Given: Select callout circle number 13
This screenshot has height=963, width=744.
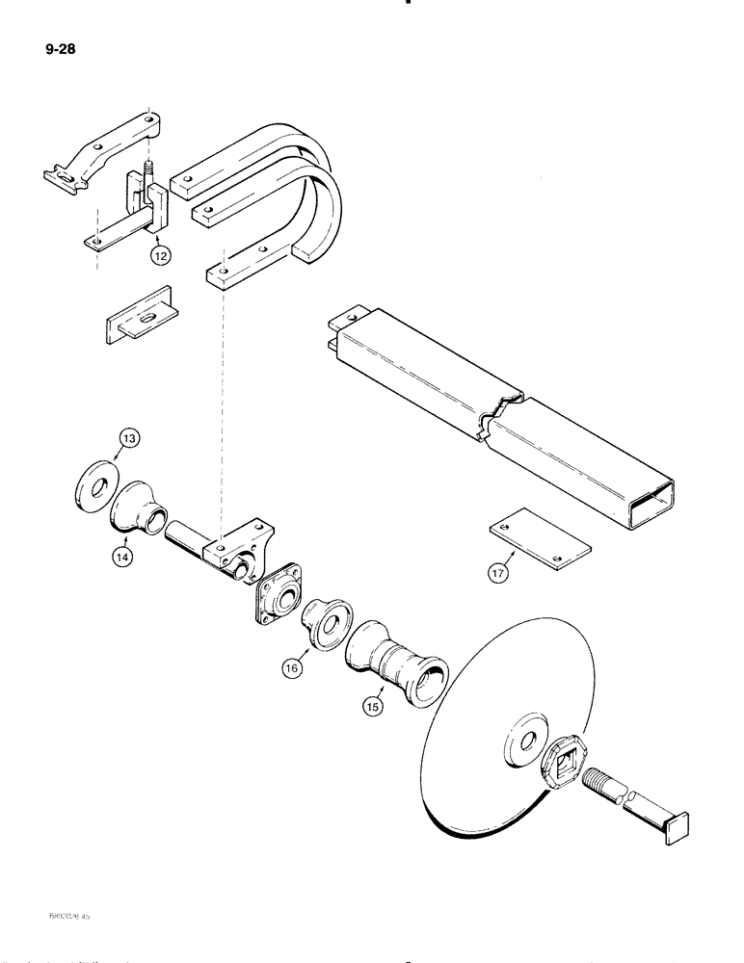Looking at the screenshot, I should [x=128, y=440].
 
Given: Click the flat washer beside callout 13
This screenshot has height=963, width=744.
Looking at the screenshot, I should [x=95, y=481].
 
